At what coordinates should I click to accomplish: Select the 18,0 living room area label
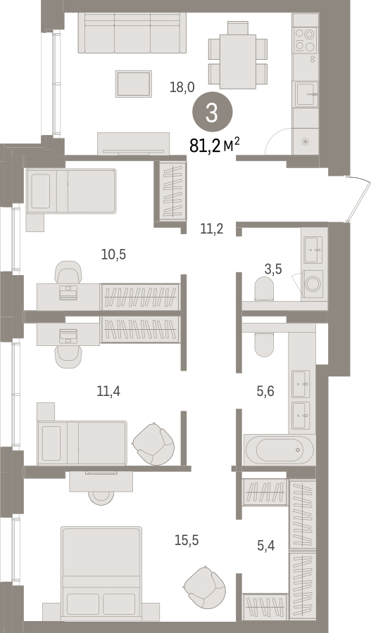182,87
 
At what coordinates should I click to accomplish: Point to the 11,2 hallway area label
212,229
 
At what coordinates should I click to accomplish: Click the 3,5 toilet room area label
273,269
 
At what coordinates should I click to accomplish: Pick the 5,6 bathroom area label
265,391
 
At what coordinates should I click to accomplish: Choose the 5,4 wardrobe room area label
266,546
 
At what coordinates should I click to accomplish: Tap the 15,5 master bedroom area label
187,540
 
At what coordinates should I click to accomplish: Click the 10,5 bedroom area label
113,255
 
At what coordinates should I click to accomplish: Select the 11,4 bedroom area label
108,391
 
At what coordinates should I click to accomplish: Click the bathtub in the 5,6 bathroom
279,449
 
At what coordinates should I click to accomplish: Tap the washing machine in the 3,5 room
313,284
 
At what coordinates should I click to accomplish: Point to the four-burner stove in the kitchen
305,40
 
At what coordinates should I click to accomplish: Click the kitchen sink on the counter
306,94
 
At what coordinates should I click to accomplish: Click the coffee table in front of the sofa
133,84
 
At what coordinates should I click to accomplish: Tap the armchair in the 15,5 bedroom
204,584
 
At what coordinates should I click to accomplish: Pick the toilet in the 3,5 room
264,288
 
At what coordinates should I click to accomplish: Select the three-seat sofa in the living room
132,32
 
